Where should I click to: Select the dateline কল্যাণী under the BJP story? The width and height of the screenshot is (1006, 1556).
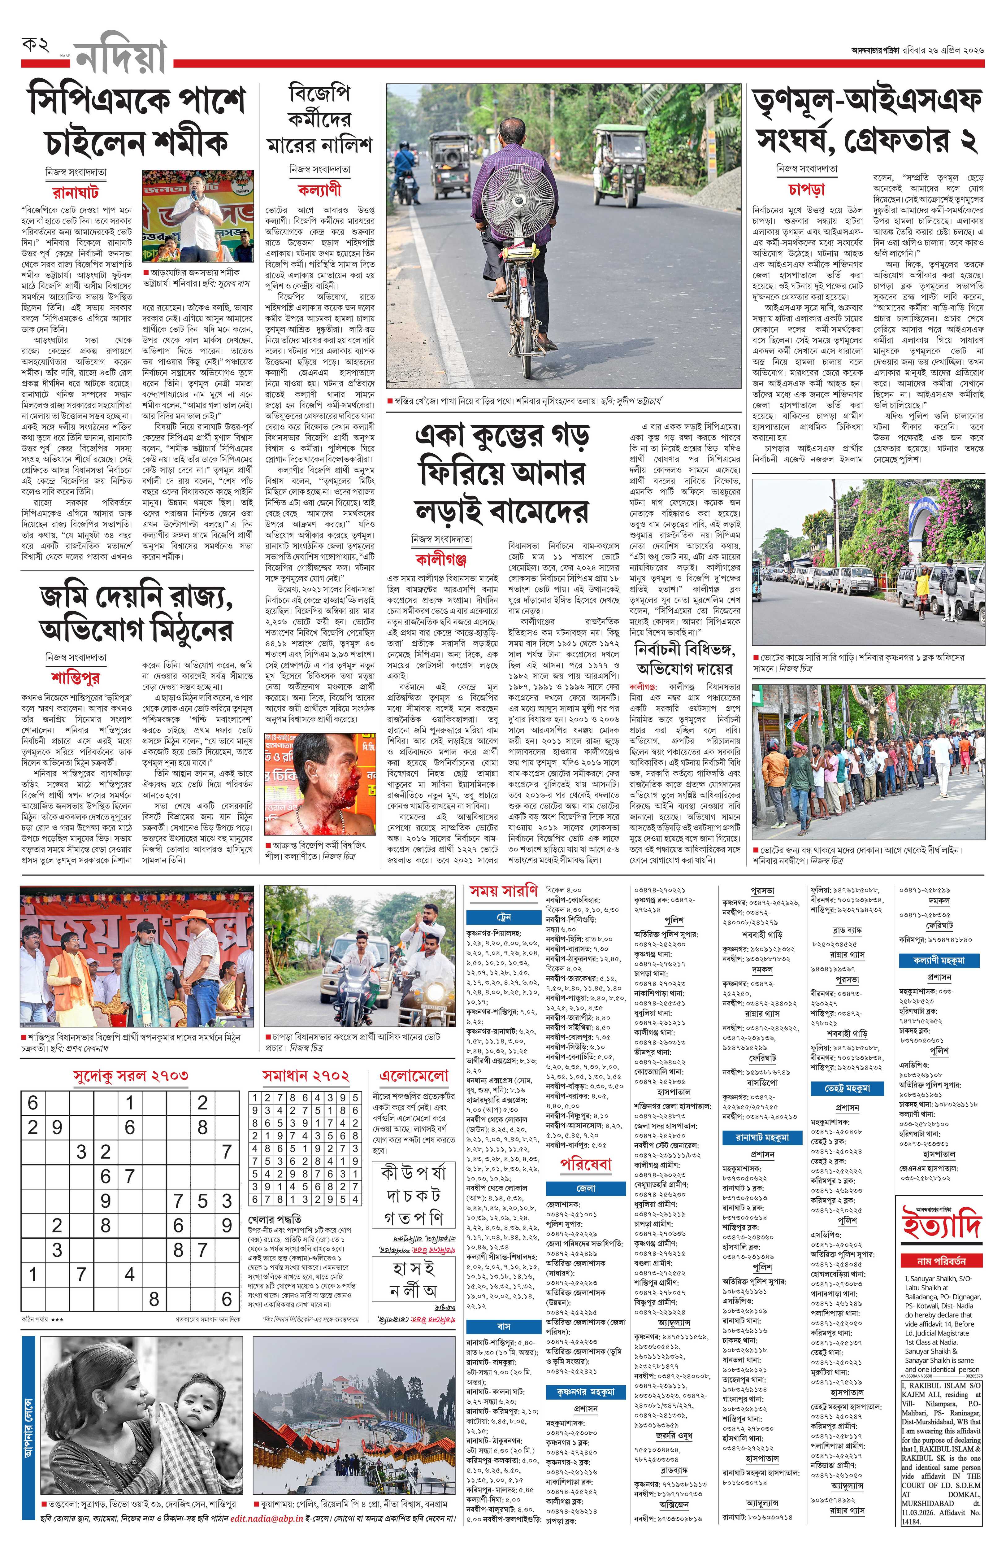click(x=319, y=190)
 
